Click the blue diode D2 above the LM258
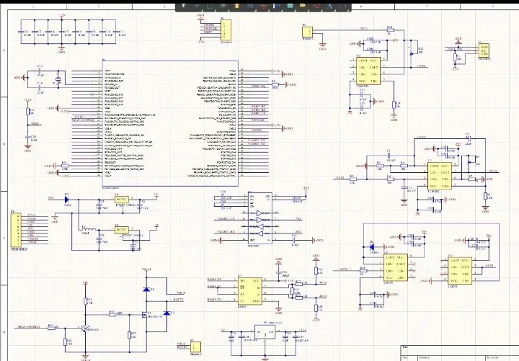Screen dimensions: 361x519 pos(373,245)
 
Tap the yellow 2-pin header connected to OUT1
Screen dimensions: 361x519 pos(308,32)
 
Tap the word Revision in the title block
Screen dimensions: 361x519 pos(494,356)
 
